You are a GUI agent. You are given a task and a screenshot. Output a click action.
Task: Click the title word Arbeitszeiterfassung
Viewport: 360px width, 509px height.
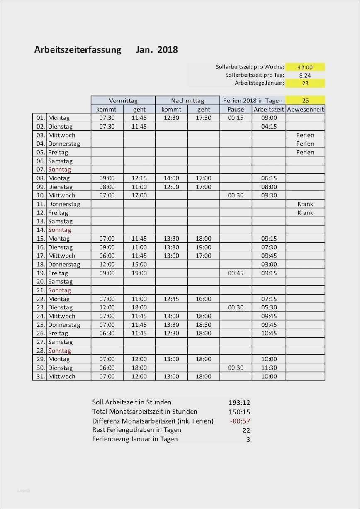[78, 50]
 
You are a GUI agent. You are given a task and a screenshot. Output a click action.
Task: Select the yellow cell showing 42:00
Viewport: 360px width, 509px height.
[305, 67]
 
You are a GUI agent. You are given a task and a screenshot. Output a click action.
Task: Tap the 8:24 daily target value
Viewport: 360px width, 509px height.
[305, 75]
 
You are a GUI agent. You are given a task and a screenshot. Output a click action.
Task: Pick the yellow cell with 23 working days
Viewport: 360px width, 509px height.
[305, 83]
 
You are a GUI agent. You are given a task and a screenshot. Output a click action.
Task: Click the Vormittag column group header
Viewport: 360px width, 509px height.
[123, 100]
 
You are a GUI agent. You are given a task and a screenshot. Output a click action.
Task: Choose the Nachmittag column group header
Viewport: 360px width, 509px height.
[187, 100]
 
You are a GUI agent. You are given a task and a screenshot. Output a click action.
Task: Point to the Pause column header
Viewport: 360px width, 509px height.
[236, 109]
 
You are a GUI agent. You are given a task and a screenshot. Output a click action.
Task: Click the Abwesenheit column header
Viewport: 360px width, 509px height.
[305, 109]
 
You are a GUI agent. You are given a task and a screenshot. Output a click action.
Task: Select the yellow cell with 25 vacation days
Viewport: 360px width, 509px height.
[305, 100]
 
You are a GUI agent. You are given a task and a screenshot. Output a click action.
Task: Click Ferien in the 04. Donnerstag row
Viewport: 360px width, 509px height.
[305, 144]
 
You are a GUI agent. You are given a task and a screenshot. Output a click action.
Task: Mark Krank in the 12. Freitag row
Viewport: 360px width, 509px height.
[305, 212]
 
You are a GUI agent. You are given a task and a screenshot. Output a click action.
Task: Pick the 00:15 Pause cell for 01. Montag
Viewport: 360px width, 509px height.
[236, 118]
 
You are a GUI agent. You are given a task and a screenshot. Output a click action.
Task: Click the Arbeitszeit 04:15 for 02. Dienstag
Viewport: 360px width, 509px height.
[269, 127]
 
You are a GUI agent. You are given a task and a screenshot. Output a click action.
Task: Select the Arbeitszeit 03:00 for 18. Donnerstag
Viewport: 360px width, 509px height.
[269, 264]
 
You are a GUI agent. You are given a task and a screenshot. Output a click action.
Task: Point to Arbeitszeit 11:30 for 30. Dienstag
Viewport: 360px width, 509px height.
[269, 368]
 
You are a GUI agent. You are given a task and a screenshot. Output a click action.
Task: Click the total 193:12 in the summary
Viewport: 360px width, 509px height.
[239, 402]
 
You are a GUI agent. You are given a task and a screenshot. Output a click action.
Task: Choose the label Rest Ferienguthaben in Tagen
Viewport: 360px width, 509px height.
[136, 430]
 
